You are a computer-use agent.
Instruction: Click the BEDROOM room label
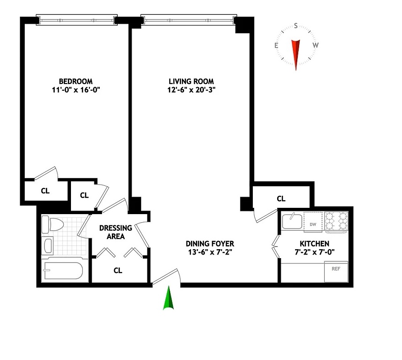(75, 81)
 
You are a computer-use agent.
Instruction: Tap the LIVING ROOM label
(191, 81)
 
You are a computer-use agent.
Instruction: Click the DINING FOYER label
(210, 244)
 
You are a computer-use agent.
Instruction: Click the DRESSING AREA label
(115, 232)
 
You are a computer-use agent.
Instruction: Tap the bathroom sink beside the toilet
(48, 246)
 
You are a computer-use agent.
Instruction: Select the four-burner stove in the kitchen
(336, 221)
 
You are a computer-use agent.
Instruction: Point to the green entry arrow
(168, 299)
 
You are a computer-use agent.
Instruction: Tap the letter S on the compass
(296, 26)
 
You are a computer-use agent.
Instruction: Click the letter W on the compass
(316, 45)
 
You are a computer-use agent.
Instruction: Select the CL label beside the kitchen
(281, 199)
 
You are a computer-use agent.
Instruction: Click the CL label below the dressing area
(118, 270)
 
